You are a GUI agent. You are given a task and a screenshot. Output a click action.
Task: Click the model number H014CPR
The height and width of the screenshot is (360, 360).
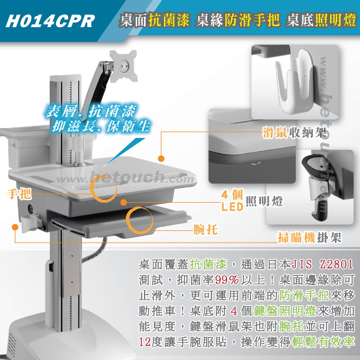pyautogui.click(x=50, y=21)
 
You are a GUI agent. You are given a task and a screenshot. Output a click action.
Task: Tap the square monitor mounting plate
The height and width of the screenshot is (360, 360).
pyautogui.click(x=124, y=66)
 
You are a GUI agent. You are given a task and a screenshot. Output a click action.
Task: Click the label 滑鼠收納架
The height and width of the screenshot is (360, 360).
pyautogui.click(x=294, y=132)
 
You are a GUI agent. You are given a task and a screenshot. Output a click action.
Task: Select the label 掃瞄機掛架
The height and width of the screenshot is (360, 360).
pyautogui.click(x=310, y=238)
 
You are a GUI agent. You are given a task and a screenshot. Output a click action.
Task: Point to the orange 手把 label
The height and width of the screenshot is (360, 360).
pyautogui.click(x=19, y=194)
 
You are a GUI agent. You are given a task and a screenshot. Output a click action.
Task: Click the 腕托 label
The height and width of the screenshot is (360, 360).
pyautogui.click(x=205, y=229)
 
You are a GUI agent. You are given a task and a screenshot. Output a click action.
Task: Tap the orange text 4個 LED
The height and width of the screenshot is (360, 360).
pyautogui.click(x=232, y=200)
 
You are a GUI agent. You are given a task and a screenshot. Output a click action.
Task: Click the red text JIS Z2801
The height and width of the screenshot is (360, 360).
pyautogui.click(x=322, y=264)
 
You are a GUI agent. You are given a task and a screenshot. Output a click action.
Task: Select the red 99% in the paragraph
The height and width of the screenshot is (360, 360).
pyautogui.click(x=227, y=280)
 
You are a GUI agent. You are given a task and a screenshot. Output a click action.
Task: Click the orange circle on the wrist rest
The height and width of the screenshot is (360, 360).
pyautogui.click(x=140, y=220)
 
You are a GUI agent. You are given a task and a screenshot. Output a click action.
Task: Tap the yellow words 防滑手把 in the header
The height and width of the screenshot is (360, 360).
pyautogui.click(x=252, y=20)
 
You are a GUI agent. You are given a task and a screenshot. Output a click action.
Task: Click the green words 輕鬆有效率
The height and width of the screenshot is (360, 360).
pyautogui.click(x=323, y=342)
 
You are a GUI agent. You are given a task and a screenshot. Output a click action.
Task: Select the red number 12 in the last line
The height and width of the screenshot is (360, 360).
pyautogui.click(x=145, y=342)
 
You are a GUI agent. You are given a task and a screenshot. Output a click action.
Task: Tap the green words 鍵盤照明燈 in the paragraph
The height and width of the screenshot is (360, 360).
pyautogui.click(x=285, y=311)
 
